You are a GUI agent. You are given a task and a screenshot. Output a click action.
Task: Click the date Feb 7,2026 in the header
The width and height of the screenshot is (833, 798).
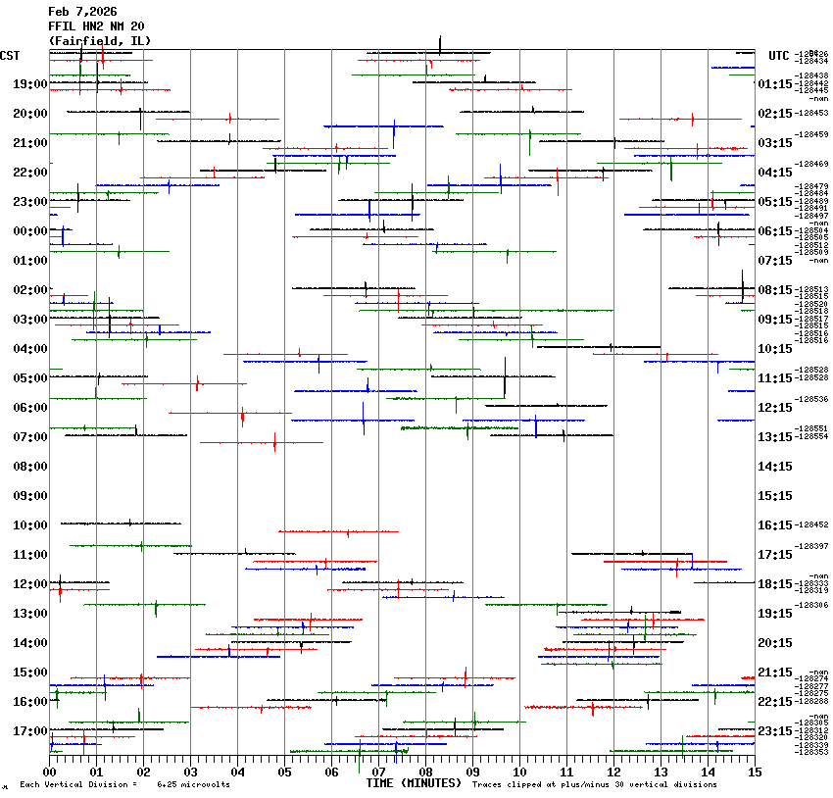coord(84,11)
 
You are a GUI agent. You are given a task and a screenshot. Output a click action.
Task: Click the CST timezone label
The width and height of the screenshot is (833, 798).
coord(11,55)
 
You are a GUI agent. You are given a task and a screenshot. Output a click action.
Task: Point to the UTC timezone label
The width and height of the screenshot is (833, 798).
coord(779,55)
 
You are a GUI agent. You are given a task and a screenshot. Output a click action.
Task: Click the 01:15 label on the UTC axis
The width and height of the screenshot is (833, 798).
coord(775,84)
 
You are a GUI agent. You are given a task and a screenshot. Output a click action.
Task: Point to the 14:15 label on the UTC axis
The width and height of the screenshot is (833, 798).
coord(775,467)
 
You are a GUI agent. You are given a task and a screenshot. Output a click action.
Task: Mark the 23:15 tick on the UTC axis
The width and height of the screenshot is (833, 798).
coord(775,731)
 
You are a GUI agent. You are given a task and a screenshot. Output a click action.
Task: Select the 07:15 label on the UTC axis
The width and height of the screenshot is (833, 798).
coord(775,261)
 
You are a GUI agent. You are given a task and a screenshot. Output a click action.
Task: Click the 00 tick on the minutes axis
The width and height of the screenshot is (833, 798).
coord(50,772)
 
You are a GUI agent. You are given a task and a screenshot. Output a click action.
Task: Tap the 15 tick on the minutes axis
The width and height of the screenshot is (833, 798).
coord(754,772)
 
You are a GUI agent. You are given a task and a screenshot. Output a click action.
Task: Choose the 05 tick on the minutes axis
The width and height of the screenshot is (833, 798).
coord(284,772)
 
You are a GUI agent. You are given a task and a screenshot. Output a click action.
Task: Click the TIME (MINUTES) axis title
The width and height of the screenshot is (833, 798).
coord(414,783)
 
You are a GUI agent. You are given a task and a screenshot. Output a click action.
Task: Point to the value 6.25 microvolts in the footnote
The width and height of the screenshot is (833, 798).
coord(193,785)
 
